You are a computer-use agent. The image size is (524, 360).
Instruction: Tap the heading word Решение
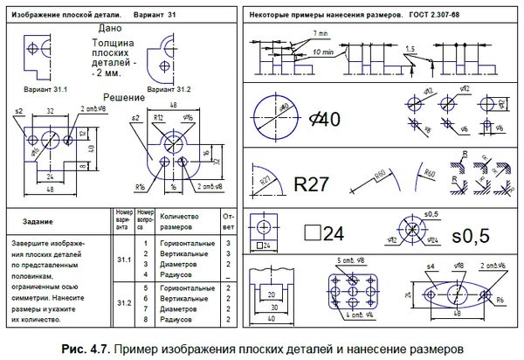(123, 97)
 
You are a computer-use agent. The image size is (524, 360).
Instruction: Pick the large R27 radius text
(310, 184)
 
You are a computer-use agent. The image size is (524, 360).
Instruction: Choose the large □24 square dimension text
(322, 233)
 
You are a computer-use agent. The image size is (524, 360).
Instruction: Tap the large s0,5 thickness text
(471, 236)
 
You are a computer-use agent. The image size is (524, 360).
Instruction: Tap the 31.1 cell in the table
(123, 260)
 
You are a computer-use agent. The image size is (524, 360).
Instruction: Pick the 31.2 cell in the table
(123, 302)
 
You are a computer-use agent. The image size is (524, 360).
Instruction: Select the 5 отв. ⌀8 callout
(351, 261)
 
